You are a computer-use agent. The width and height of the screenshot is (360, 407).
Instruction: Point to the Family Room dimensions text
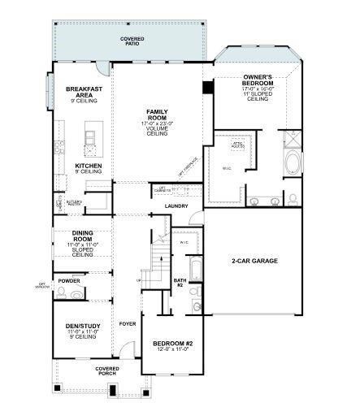pyautogui.click(x=156, y=123)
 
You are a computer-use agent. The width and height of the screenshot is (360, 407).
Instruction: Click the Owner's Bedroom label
pyautogui.click(x=261, y=80)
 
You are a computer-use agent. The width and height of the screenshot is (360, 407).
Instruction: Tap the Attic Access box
pyautogui.click(x=238, y=144)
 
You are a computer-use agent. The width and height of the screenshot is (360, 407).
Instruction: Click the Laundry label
pyautogui.click(x=176, y=206)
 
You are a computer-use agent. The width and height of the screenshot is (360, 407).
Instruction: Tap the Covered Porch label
pyautogui.click(x=106, y=370)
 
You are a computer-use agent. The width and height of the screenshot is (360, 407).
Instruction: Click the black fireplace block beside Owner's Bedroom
pyautogui.click(x=208, y=87)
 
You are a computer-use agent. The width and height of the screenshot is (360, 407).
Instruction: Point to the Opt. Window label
pyautogui.click(x=41, y=284)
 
